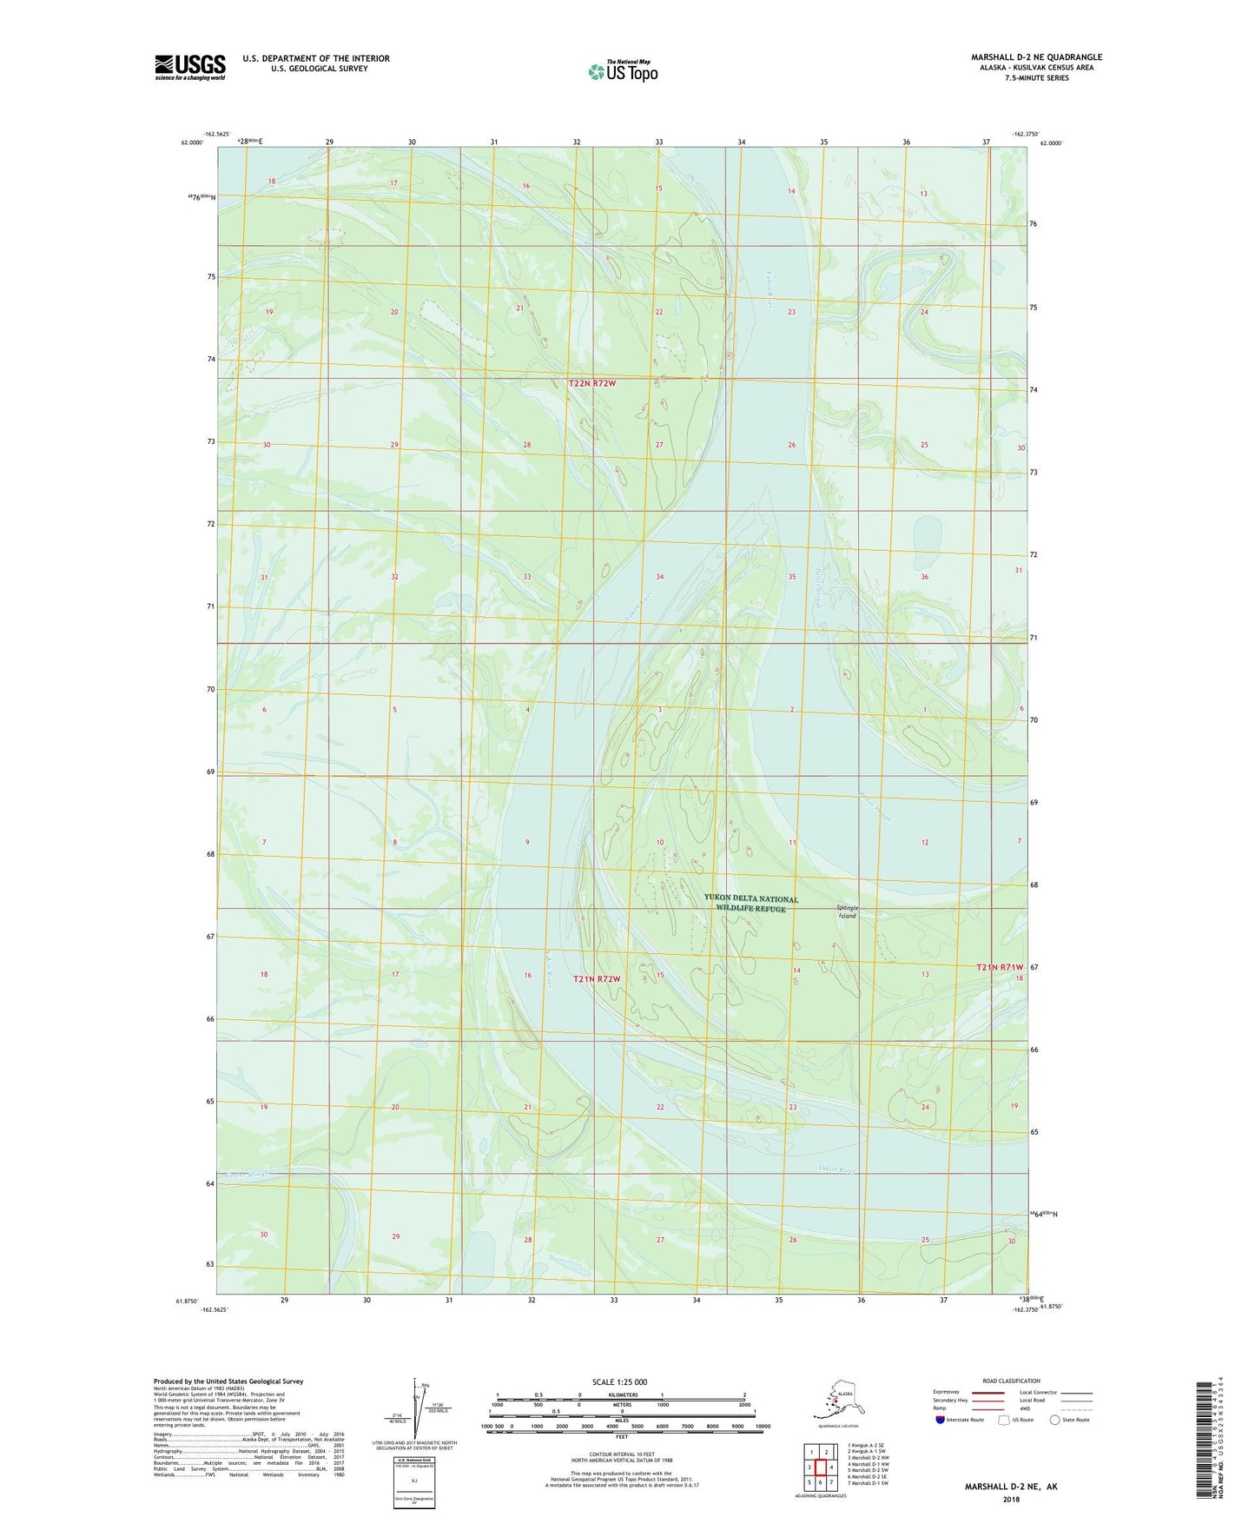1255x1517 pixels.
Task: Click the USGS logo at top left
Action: click(x=190, y=67)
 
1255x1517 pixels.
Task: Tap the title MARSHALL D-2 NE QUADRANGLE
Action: click(x=1036, y=57)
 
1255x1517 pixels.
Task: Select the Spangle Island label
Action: click(x=847, y=911)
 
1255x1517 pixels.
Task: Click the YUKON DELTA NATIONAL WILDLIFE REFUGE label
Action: click(x=750, y=904)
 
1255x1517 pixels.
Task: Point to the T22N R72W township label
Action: click(x=598, y=383)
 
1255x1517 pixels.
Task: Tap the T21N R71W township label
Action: click(x=1000, y=967)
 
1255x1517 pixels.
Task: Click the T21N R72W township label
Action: click(x=597, y=979)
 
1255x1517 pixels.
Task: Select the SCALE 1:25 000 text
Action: click(x=620, y=1381)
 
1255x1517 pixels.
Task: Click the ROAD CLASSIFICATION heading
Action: click(x=1011, y=1381)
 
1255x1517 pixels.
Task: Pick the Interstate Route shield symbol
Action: click(x=941, y=1420)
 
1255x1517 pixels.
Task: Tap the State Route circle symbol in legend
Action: click(x=1055, y=1420)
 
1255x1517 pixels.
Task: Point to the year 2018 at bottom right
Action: click(x=1011, y=1499)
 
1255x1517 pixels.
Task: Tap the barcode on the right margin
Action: click(x=1201, y=1441)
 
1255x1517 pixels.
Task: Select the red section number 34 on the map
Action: click(x=660, y=577)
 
